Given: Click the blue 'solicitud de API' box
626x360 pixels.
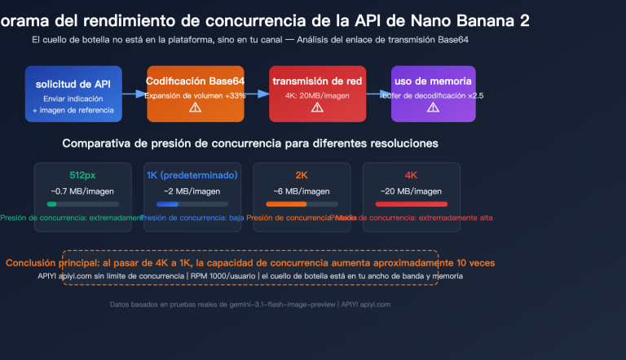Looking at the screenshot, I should (73, 94).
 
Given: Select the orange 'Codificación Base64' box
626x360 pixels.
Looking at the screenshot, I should (195, 94).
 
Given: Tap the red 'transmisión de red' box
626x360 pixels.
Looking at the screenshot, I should (317, 94).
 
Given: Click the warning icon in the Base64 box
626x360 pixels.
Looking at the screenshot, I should (195, 108).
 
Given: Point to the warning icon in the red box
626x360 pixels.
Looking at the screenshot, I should (317, 108).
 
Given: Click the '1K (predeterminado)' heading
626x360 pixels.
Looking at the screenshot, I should (192, 175).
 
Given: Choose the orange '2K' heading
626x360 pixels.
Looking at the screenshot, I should (302, 175).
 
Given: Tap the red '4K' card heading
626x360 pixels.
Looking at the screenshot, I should (411, 175).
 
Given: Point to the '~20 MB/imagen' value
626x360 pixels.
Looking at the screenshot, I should (411, 191).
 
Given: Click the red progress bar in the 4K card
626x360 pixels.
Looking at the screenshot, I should (411, 204).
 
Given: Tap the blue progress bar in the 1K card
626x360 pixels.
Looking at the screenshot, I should (173, 204).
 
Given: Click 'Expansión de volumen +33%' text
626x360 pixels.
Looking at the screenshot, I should (195, 95).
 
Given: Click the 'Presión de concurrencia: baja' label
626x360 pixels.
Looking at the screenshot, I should (192, 218).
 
